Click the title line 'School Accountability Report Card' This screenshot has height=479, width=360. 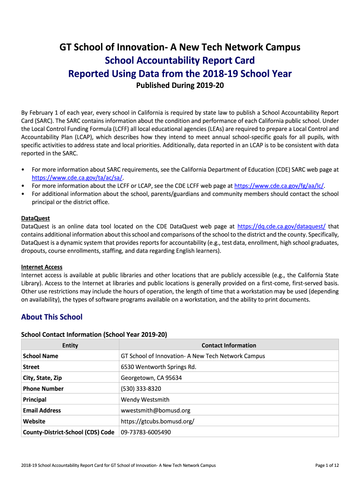tap(180, 60)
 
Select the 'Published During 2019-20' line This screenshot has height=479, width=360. tap(180, 86)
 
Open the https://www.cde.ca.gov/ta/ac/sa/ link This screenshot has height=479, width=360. tap(77, 178)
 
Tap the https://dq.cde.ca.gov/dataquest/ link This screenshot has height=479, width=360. tap(281, 226)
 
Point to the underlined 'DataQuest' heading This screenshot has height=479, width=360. tap(36, 218)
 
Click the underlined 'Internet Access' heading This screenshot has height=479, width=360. tap(42, 267)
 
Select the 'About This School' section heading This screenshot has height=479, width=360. tap(51, 317)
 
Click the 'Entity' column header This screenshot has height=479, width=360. tap(70, 345)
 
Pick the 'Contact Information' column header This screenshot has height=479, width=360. tap(229, 345)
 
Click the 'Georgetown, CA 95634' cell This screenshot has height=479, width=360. tap(151, 378)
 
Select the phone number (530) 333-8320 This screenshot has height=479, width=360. tap(141, 389)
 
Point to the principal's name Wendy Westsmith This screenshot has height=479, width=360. tap(145, 399)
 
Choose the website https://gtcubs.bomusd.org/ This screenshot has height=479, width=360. tap(157, 421)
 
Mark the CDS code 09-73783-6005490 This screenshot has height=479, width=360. tap(146, 432)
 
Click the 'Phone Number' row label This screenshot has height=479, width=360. tap(43, 389)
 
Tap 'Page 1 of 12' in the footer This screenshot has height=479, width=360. tap(327, 465)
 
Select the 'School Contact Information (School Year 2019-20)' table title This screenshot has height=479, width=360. tap(94, 334)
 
